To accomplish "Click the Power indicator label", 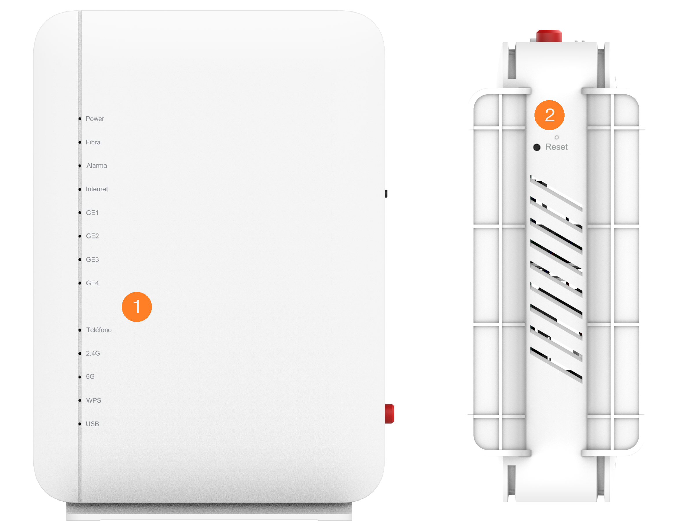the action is tap(95, 119).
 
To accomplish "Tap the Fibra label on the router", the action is tap(93, 142).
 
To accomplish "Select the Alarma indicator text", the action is tap(97, 165).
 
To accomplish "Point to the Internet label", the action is tap(97, 189).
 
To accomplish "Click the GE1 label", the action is tap(92, 213).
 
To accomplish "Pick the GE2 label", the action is tap(92, 236).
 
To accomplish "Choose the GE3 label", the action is tap(92, 260).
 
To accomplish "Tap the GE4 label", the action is tap(92, 283).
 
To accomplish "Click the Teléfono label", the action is tap(99, 330).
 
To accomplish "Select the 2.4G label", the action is tap(93, 353).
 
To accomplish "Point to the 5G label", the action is tap(90, 377).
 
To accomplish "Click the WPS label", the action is tap(93, 400).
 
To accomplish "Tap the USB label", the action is tap(92, 424).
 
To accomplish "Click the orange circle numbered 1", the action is tap(137, 307).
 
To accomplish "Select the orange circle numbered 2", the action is tap(549, 115).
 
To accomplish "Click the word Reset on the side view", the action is tap(556, 147).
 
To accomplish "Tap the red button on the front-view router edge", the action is tap(389, 414).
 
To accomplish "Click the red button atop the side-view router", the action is tap(549, 36).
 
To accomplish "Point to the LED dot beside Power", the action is tap(80, 119).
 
